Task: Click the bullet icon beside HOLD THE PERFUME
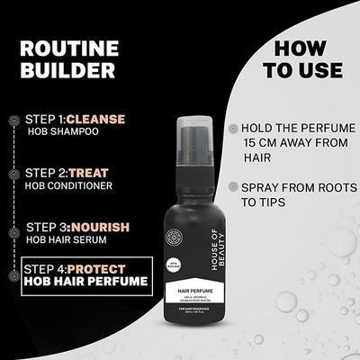[235, 129]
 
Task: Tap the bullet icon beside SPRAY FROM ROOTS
[235, 190]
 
